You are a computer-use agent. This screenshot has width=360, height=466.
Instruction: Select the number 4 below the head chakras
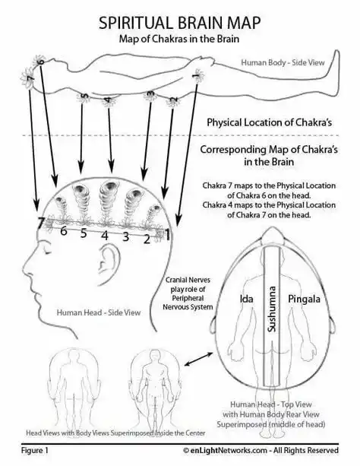(104, 236)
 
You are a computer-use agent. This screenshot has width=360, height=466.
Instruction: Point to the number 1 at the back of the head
(167, 235)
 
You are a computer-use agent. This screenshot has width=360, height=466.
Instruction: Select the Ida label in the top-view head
(247, 299)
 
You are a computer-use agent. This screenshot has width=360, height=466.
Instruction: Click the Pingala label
(304, 299)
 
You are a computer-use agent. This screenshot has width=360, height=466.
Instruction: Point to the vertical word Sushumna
(271, 309)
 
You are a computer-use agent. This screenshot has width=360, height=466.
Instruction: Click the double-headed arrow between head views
(199, 359)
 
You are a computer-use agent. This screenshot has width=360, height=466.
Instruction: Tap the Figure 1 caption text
(34, 450)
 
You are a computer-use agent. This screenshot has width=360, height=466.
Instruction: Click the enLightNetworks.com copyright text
(261, 450)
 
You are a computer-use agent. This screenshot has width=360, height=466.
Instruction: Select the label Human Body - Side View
(283, 62)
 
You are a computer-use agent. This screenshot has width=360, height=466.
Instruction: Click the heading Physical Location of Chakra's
(269, 122)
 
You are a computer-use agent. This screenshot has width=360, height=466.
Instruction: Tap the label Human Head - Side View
(99, 312)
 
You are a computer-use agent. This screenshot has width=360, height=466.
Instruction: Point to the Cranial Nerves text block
(188, 293)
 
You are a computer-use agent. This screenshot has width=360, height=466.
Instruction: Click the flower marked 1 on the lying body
(197, 76)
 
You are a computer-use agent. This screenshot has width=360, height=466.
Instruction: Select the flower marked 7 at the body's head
(29, 78)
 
